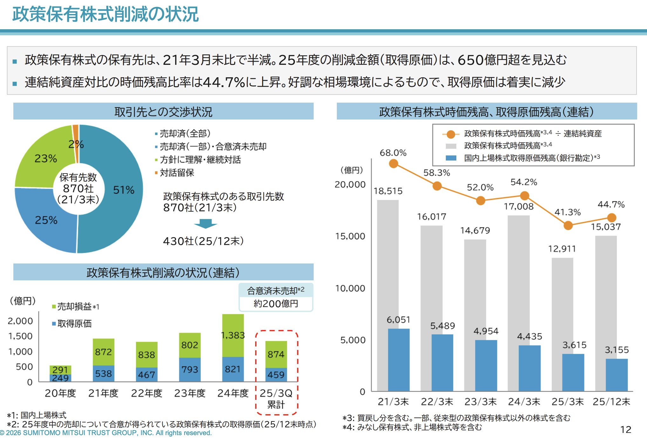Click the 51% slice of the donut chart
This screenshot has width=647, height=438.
tap(124, 190)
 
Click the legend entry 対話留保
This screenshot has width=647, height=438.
tap(177, 173)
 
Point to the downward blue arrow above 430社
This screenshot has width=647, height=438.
tap(206, 223)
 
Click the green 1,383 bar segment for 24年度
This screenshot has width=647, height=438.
tap(233, 335)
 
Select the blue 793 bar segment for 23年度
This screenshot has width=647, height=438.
tap(190, 369)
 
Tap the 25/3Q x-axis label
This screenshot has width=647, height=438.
tap(276, 393)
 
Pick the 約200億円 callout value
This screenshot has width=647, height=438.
tap(276, 304)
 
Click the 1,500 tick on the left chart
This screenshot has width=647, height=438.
tap(21, 336)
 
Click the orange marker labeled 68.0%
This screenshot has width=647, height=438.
tap(393, 164)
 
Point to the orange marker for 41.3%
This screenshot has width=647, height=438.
tap(568, 226)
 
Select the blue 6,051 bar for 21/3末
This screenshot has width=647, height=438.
tap(398, 359)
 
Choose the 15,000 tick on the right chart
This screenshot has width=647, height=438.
tap(350, 236)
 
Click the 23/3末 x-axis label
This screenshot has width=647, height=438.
tap(480, 402)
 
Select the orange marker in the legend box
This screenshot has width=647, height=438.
tap(451, 134)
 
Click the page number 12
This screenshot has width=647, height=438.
tap(626, 430)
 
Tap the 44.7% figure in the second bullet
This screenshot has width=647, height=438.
tap(224, 82)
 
